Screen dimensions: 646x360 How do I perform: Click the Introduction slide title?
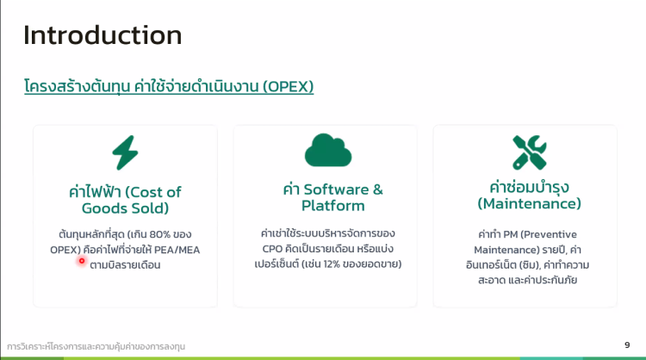click(x=102, y=35)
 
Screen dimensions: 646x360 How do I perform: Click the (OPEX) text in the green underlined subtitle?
click(x=288, y=86)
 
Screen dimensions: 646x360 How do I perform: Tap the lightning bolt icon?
click(x=125, y=152)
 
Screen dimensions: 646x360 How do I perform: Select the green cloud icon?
click(x=328, y=150)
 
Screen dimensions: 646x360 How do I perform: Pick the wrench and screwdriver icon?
click(x=530, y=152)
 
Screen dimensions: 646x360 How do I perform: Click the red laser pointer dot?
click(x=82, y=261)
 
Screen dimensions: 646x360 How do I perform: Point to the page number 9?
click(x=627, y=344)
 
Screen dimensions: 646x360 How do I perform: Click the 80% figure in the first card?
click(x=160, y=234)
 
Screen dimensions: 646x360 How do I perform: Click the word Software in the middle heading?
click(x=336, y=189)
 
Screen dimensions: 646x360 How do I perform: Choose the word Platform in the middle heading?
click(x=332, y=206)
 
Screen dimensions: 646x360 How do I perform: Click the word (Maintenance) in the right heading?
click(x=529, y=203)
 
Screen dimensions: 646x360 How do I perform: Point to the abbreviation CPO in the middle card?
click(x=272, y=249)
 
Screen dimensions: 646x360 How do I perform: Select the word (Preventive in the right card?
click(x=549, y=234)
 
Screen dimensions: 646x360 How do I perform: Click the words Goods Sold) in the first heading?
click(x=125, y=208)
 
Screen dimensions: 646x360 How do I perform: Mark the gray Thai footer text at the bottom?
click(x=96, y=346)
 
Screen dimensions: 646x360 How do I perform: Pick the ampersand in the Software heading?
click(x=378, y=189)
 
